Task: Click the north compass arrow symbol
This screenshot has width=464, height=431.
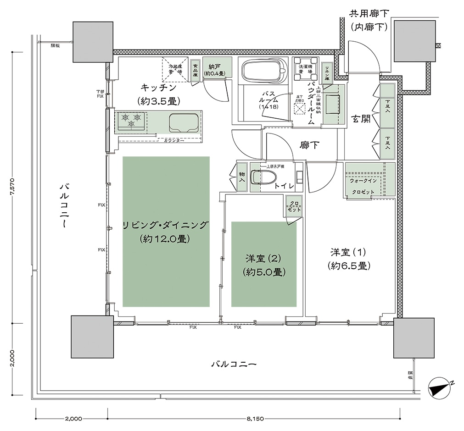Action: pyautogui.click(x=441, y=387)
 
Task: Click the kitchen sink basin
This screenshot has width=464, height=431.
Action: pyautogui.click(x=184, y=122)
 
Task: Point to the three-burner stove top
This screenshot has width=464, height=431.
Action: pyautogui.click(x=131, y=121)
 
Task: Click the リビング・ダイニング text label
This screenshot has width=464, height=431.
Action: pyautogui.click(x=166, y=225)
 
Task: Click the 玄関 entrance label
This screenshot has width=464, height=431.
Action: pyautogui.click(x=361, y=118)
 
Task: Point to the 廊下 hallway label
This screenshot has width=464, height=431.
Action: pyautogui.click(x=310, y=145)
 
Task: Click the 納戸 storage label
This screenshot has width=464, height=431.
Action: pyautogui.click(x=213, y=66)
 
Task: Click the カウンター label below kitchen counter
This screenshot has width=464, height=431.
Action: pyautogui.click(x=174, y=140)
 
